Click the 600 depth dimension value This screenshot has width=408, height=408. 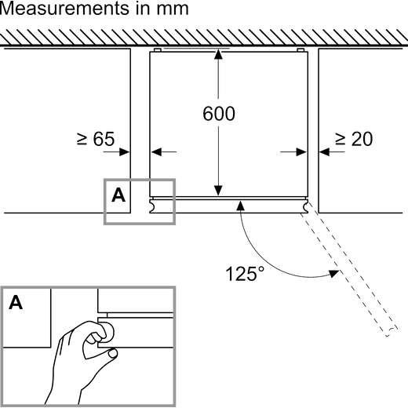click(219, 114)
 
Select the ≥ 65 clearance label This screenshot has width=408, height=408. click(96, 139)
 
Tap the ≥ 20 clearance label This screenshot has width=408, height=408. click(354, 139)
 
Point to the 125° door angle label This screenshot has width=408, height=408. click(245, 274)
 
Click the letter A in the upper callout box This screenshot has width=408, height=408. click(118, 195)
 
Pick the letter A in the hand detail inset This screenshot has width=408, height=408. click(16, 302)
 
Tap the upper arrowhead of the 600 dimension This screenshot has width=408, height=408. click(218, 54)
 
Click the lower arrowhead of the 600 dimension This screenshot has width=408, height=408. click(218, 191)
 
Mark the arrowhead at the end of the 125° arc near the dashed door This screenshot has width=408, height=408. click(334, 274)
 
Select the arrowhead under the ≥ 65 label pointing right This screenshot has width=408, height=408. click(125, 151)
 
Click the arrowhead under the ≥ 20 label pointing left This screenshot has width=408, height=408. click(324, 151)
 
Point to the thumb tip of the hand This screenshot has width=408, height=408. click(113, 353)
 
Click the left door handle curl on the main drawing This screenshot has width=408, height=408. click(152, 206)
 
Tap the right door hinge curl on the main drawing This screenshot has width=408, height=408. click(305, 206)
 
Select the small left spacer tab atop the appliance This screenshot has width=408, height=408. click(158, 50)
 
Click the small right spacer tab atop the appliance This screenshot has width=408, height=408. click(301, 50)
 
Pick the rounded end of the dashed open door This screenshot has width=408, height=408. click(392, 332)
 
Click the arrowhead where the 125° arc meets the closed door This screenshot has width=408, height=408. click(240, 206)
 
